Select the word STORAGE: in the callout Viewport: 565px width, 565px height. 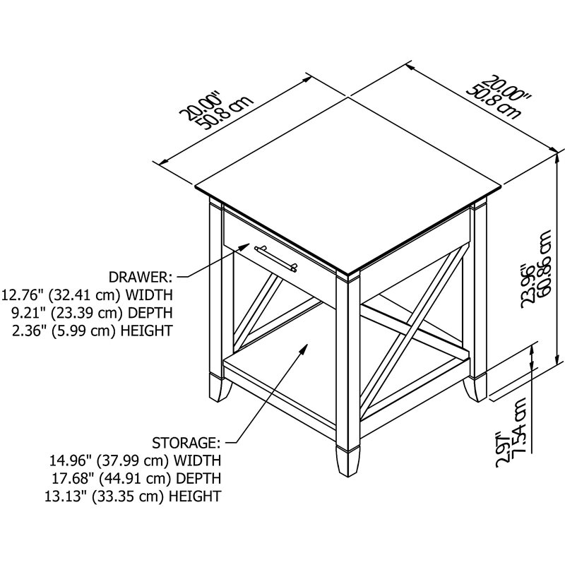point(186,443)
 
